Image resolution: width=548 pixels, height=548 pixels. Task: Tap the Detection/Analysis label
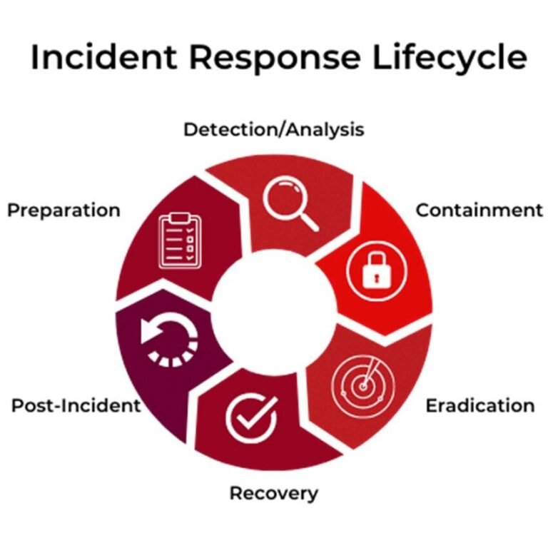pyautogui.click(x=274, y=130)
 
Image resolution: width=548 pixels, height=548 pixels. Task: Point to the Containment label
pyautogui.click(x=479, y=210)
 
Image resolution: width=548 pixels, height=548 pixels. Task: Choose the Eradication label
pyautogui.click(x=479, y=406)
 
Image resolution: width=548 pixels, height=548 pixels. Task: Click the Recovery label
pyautogui.click(x=274, y=493)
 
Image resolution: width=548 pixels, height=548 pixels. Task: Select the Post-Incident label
pyautogui.click(x=76, y=406)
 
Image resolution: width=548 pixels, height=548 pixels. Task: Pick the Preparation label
pyautogui.click(x=64, y=210)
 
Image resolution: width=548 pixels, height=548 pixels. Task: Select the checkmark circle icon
pyautogui.click(x=250, y=417)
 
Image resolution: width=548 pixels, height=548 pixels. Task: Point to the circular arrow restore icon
pyautogui.click(x=169, y=340)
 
